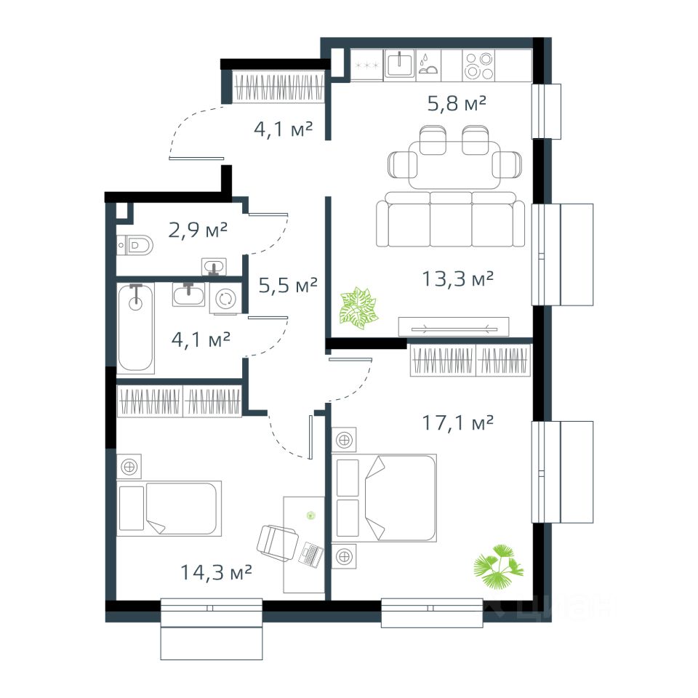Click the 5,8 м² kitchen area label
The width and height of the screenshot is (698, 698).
(x=457, y=104)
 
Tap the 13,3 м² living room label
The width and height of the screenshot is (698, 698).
(x=457, y=279)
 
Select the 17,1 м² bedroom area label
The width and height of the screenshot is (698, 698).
(x=457, y=422)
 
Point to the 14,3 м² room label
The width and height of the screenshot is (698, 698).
(x=216, y=572)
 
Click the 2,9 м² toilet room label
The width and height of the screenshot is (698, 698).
(x=198, y=230)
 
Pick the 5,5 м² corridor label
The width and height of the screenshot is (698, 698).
(x=288, y=285)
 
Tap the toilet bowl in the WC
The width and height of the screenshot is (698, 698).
(x=135, y=245)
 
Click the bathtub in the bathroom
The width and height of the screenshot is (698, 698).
(x=136, y=328)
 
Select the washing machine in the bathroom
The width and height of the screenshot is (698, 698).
(x=225, y=299)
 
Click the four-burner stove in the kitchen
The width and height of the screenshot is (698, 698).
(x=478, y=65)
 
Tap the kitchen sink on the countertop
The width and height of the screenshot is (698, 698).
(x=400, y=65)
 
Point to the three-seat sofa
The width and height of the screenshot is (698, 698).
(x=450, y=219)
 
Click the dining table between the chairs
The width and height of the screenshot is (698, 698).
(x=454, y=166)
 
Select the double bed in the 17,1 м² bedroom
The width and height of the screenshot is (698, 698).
(x=384, y=497)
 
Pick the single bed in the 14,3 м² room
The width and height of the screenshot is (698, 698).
(x=169, y=508)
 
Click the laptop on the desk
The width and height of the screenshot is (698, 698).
(x=312, y=555)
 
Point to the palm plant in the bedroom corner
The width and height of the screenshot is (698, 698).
(x=498, y=566)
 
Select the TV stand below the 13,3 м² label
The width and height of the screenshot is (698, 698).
(x=454, y=326)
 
